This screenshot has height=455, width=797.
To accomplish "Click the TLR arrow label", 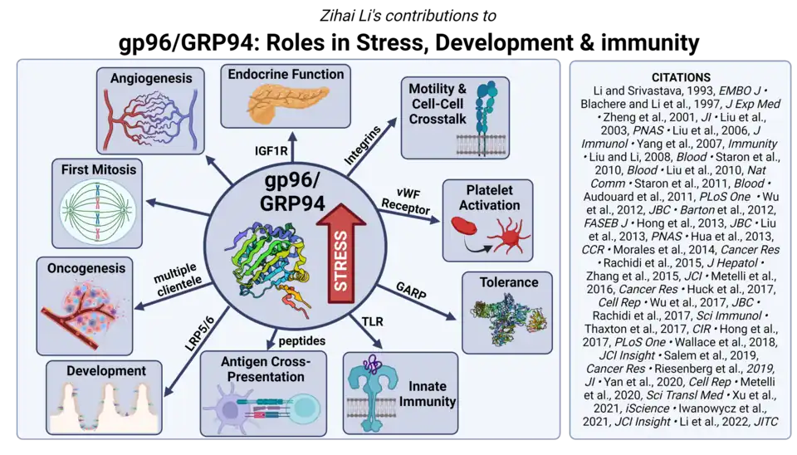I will [x=370, y=320].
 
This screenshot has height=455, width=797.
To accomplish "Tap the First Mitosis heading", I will [x=99, y=169].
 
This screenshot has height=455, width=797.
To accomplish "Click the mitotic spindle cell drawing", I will [x=99, y=211].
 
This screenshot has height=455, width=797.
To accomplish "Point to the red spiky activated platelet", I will [x=508, y=237].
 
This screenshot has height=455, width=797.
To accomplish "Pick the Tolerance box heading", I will [x=511, y=282].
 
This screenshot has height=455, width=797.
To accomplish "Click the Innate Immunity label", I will [x=427, y=394].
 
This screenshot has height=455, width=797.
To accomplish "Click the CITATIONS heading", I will [x=680, y=77].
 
